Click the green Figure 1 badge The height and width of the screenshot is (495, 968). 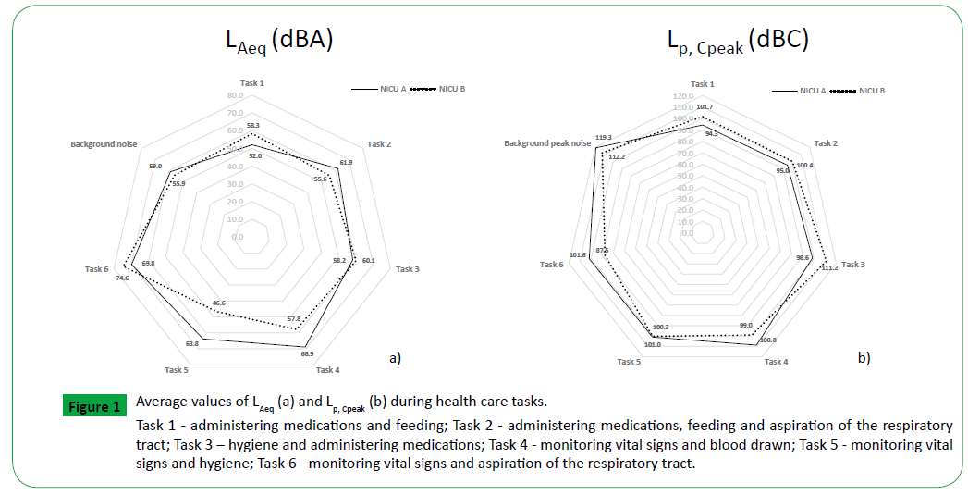point(93,407)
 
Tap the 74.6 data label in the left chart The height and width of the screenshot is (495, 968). point(121,278)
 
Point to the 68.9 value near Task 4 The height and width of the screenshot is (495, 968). point(307,353)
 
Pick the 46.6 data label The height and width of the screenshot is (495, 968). point(219,303)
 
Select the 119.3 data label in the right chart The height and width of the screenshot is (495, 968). point(605,137)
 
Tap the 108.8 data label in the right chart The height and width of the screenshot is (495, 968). point(766,340)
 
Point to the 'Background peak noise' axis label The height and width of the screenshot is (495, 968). point(547,143)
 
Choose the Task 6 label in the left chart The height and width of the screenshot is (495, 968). point(96,269)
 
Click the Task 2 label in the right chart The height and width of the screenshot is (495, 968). point(826,143)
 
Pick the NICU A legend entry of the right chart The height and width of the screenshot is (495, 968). point(801,91)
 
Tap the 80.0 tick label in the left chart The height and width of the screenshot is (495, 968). point(234,95)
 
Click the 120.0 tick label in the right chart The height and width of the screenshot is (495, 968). point(683,96)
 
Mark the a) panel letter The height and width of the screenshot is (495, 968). point(394,356)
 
